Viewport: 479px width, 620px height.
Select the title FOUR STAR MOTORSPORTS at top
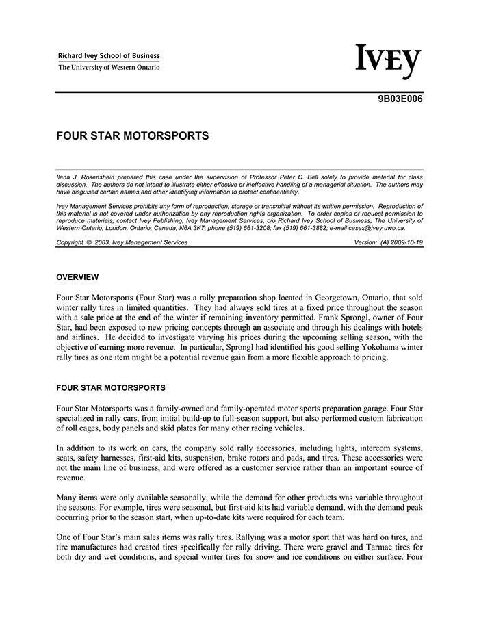[132, 136]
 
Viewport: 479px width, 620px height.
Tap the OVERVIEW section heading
[77, 277]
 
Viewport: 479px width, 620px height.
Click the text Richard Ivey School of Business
[109, 56]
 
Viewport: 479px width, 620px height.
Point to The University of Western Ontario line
[109, 68]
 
